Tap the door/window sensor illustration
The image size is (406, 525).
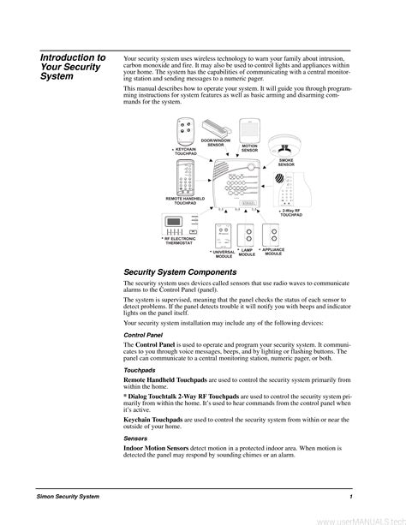point(216,126)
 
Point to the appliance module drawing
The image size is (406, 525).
point(273,235)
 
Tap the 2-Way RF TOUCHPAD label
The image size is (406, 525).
point(290,212)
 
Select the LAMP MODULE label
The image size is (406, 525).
point(247,253)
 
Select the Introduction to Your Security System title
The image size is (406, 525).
point(73,67)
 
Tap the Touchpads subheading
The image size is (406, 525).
point(141,370)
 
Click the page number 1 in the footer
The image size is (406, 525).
point(351,497)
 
